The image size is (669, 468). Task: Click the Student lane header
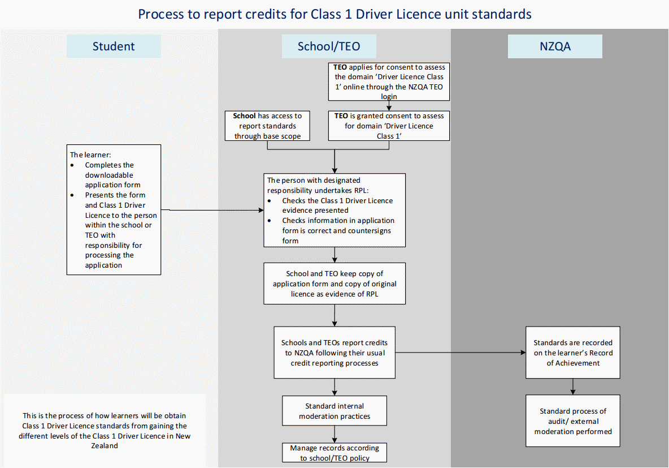coord(114,46)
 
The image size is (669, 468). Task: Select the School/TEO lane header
coord(329,46)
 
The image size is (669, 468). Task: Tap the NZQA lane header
coord(555,46)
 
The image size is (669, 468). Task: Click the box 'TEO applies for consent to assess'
coord(389,81)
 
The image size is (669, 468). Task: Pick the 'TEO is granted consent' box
coord(389,126)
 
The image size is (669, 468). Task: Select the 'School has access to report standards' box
coord(267,126)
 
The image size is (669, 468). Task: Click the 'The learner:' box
coord(114,209)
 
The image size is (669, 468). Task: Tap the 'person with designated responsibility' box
coord(334,211)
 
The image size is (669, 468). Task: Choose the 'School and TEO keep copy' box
coord(334,284)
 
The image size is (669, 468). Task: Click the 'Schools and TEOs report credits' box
coord(334,353)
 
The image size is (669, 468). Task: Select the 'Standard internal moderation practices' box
coord(334,411)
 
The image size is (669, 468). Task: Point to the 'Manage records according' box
coord(334,453)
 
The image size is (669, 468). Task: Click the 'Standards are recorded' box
coord(573,353)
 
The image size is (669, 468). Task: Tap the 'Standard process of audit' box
coord(573,421)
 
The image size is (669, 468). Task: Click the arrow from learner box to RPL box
coord(212,210)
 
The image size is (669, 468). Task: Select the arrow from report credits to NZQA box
coord(461,353)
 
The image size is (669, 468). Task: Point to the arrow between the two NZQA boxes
coord(573,387)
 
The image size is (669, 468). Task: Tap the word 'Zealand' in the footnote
coord(105,445)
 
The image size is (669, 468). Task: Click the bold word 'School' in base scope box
coord(244,116)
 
